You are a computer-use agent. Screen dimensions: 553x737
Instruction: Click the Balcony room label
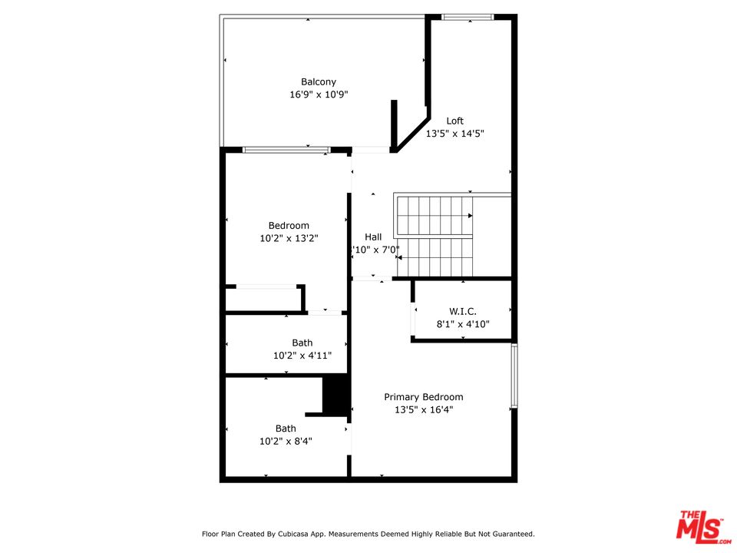click(318, 82)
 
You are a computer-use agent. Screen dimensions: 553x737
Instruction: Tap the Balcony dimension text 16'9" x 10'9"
click(318, 95)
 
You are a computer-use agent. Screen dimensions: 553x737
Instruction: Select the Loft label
click(455, 121)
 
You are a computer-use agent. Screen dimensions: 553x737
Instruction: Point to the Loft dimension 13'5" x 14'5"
click(455, 134)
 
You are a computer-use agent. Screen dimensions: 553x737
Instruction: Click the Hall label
click(373, 237)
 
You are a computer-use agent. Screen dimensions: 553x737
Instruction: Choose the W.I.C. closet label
click(462, 311)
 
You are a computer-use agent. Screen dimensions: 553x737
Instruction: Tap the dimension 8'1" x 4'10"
click(462, 324)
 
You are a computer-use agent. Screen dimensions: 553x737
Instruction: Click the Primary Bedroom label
click(424, 397)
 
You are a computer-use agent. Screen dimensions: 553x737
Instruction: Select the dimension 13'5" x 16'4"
click(424, 410)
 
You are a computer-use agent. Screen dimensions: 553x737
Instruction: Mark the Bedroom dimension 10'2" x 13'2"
click(289, 239)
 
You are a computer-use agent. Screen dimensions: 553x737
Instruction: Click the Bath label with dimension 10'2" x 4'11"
click(302, 343)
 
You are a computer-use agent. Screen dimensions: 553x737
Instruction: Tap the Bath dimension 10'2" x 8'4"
click(286, 442)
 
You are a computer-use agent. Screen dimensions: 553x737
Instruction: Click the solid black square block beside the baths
click(335, 396)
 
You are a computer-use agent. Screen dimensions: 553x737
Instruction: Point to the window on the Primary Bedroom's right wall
click(514, 376)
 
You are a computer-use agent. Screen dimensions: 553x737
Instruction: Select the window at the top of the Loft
click(468, 17)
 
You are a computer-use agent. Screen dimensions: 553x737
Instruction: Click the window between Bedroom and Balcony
click(286, 150)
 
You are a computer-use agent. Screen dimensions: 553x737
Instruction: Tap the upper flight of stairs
click(434, 216)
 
